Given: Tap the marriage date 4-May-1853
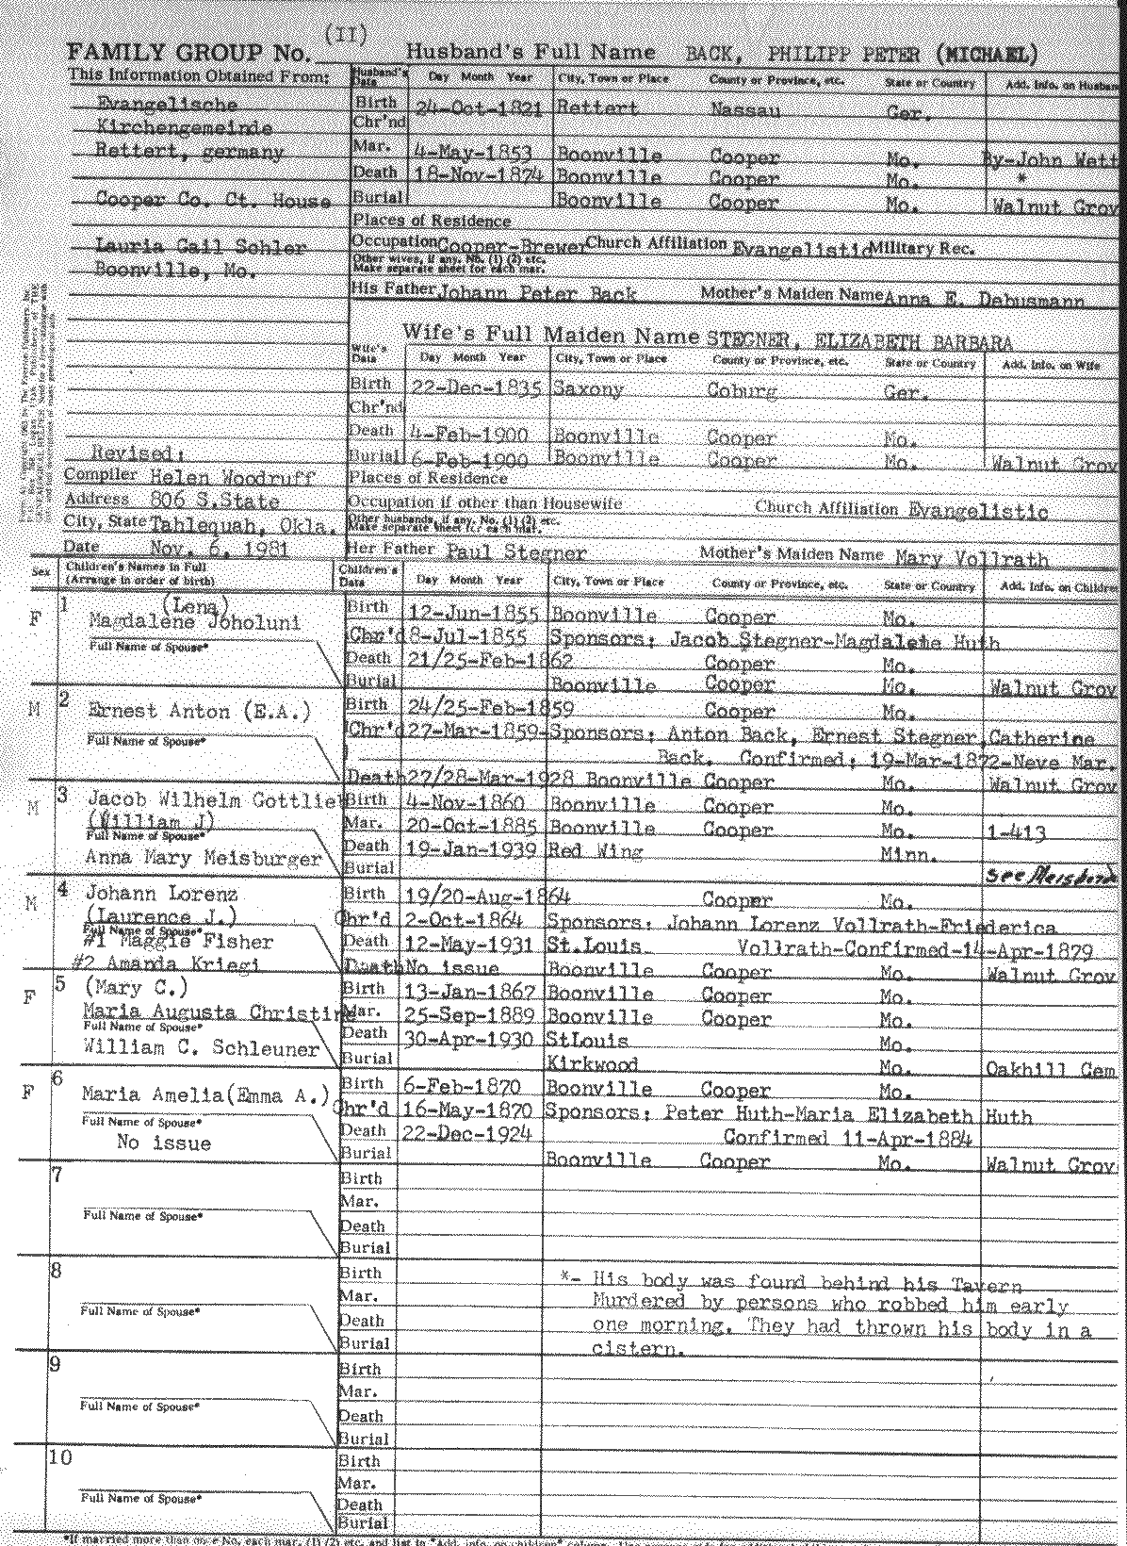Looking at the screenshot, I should tap(471, 152).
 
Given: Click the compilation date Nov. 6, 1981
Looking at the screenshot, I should tap(220, 548).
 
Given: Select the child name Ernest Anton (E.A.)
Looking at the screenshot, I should tap(199, 712).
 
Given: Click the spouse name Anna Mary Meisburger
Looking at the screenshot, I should tap(203, 858).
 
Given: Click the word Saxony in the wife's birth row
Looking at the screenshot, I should tap(588, 388).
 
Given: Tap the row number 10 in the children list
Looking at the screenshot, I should tap(60, 1457).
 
